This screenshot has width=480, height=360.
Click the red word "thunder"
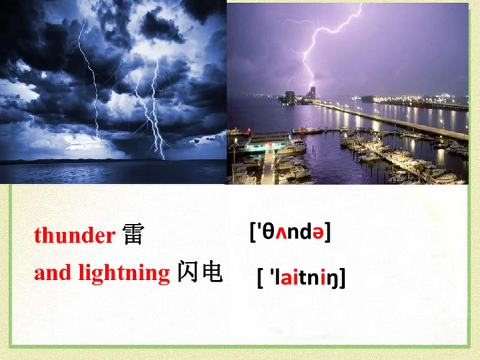[x=74, y=235]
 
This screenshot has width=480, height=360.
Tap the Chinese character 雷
[x=133, y=235]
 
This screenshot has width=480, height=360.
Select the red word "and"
[x=53, y=274]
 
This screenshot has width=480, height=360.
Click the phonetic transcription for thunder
[x=289, y=232]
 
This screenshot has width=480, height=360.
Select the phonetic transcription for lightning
[x=301, y=277]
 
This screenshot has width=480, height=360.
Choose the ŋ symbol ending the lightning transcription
[x=334, y=278]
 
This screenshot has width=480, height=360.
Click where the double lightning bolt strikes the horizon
[x=160, y=156]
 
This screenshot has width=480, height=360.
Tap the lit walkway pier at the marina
[x=269, y=166]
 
